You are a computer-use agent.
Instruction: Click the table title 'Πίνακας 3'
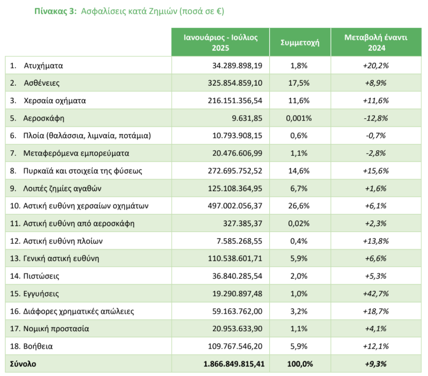[x=55, y=11]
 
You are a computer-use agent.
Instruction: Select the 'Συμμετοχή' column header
[x=300, y=43]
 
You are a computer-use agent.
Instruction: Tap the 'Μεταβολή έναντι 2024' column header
[x=376, y=43]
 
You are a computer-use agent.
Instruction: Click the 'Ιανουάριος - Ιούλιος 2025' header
[x=220, y=43]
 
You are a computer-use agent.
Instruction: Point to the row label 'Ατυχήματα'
[x=43, y=65]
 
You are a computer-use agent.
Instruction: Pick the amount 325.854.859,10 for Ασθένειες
[x=235, y=83]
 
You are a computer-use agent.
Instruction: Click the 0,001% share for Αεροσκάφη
[x=299, y=118]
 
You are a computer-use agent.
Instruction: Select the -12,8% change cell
[x=376, y=118]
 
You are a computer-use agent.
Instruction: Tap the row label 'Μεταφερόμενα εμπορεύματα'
[x=76, y=153]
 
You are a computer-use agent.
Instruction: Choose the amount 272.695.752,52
[x=235, y=171]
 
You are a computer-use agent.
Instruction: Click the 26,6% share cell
[x=299, y=206]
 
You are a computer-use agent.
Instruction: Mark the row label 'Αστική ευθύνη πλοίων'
[x=63, y=241]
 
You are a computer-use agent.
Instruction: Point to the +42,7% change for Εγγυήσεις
[x=376, y=294]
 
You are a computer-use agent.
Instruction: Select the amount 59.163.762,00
[x=237, y=311]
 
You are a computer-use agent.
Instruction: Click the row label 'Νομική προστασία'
[x=56, y=329]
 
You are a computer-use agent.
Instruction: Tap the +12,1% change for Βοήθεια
[x=376, y=346]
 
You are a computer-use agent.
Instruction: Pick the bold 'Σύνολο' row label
[x=23, y=364]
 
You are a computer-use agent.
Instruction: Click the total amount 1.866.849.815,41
[x=234, y=364]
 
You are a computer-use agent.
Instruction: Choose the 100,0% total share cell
[x=300, y=364]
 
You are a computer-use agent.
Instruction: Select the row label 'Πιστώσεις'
[x=41, y=276]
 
